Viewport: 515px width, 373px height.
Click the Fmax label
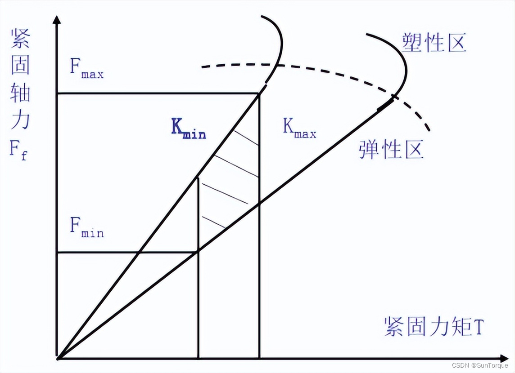tap(86, 69)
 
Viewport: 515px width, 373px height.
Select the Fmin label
tap(86, 228)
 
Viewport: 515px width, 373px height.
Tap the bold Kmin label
tap(188, 129)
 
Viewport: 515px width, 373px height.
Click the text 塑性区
tap(434, 43)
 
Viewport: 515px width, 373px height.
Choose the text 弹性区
tap(391, 149)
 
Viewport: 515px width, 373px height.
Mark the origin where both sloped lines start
tap(57, 359)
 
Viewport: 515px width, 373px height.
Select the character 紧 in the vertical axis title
tap(20, 40)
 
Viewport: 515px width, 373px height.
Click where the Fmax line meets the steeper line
tap(259, 93)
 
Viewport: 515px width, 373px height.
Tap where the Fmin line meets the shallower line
tap(198, 252)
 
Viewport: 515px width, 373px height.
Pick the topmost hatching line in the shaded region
tap(245, 138)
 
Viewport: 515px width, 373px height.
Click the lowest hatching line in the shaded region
tap(214, 222)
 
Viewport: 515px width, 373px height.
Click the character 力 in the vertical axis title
tap(20, 120)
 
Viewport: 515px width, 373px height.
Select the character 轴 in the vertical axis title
tap(20, 93)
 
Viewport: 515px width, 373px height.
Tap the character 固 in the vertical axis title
tap(20, 66)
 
